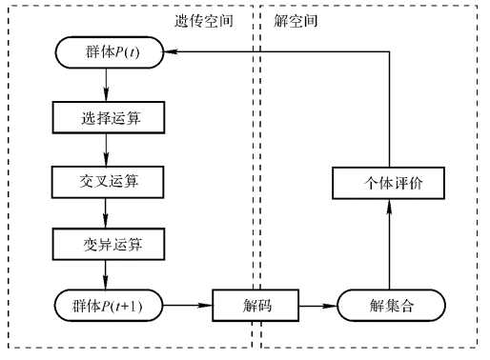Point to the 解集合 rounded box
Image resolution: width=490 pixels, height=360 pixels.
point(392,307)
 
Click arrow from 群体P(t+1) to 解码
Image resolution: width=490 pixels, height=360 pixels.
point(187,307)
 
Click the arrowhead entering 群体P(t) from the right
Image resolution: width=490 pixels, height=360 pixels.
point(173,53)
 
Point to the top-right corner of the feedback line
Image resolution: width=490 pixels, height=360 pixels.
point(391,53)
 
